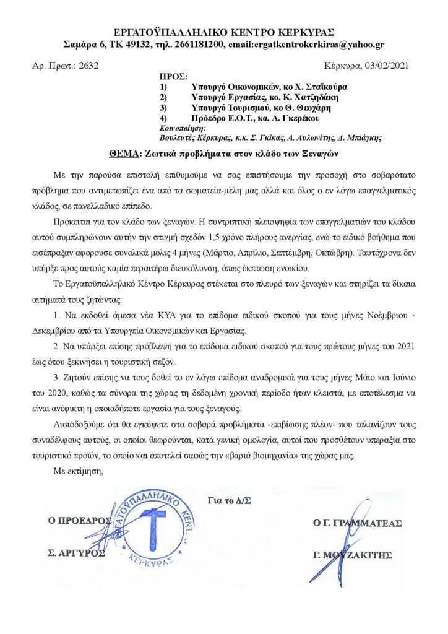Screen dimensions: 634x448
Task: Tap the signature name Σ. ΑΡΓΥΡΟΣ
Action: (x=77, y=553)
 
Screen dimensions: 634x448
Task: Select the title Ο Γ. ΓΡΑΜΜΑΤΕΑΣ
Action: (x=358, y=523)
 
